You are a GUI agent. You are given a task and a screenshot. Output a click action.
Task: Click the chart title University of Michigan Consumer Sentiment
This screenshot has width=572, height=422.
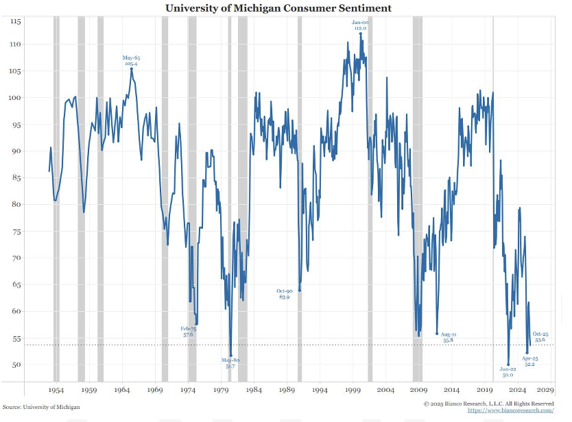coord(278,8)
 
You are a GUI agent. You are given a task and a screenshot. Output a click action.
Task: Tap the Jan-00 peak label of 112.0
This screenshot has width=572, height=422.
coord(360,25)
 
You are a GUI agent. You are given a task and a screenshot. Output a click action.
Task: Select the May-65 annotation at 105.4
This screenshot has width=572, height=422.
coord(131,61)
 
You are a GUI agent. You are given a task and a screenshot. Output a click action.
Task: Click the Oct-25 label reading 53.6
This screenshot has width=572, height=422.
coord(540,336)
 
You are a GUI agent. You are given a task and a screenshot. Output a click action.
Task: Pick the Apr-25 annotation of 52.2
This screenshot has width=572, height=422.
coord(529,361)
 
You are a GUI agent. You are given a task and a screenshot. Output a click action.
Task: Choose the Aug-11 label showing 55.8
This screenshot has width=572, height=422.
coord(448,337)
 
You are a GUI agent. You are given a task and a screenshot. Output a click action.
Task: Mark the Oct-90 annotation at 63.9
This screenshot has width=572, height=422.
coord(284,294)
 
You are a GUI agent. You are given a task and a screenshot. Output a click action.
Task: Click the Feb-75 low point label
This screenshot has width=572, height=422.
coord(189,332)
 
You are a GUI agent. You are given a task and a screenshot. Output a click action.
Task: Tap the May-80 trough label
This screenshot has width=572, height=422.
coord(230,364)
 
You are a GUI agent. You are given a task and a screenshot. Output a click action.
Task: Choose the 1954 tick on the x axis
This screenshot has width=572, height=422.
coord(56,390)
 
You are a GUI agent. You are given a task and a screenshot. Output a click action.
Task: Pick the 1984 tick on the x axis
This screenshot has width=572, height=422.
coord(254,390)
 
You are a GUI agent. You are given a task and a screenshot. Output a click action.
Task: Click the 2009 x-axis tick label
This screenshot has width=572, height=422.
coord(419,390)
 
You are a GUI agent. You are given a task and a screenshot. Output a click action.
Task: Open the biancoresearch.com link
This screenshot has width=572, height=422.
coord(511,410)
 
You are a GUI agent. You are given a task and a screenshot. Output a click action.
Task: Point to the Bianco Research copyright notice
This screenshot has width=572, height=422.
coord(488,404)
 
